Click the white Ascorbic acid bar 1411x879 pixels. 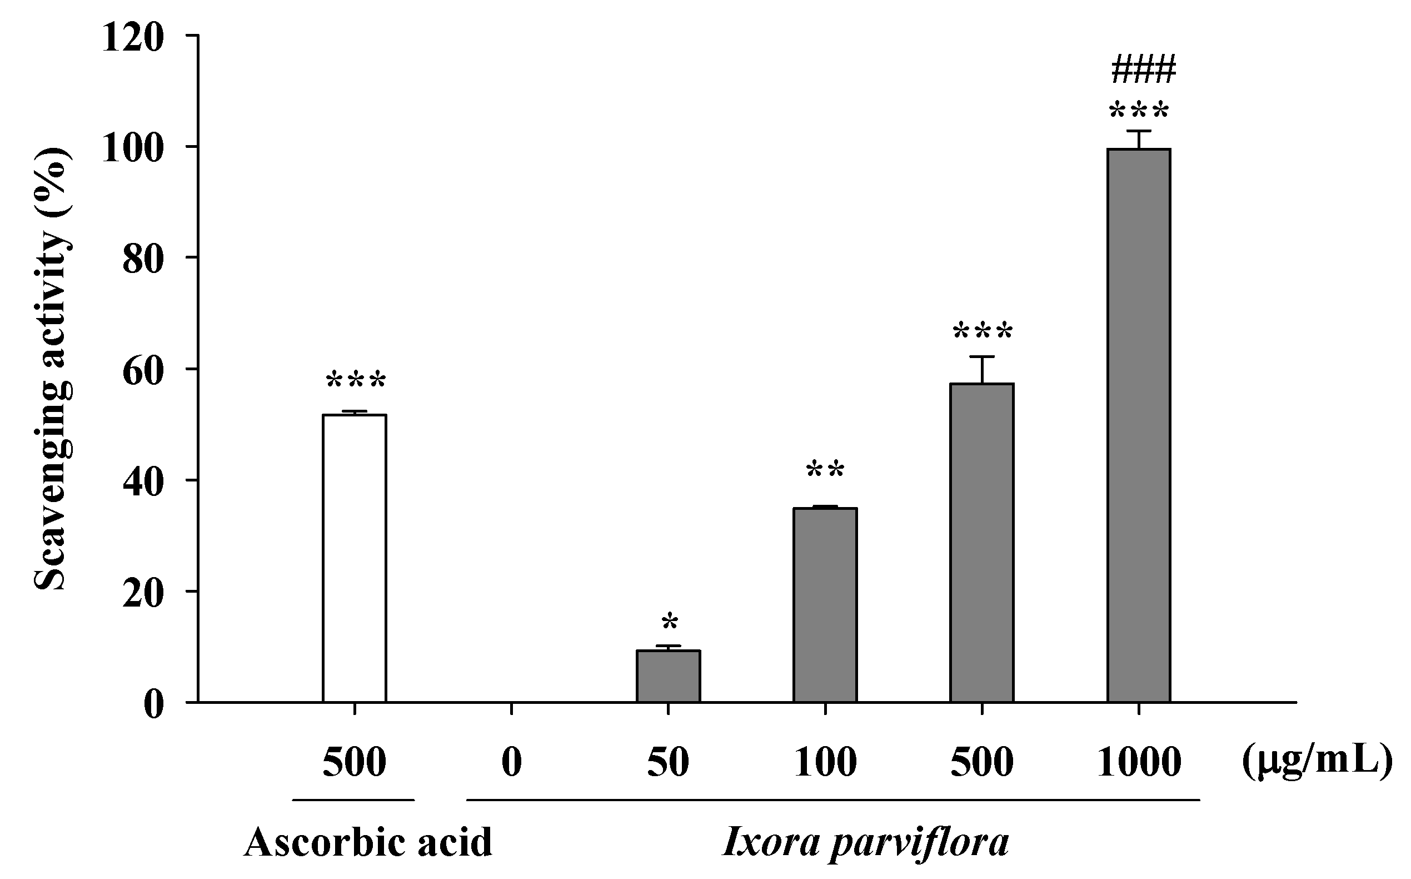pos(355,558)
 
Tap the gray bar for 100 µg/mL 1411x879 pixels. pos(825,604)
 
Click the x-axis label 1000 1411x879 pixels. pos(1139,762)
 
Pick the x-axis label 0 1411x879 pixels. pos(511,762)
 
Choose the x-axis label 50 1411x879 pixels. pos(669,762)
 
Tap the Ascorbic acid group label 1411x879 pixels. pos(368,843)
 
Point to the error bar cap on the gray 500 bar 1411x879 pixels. pos(982,356)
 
